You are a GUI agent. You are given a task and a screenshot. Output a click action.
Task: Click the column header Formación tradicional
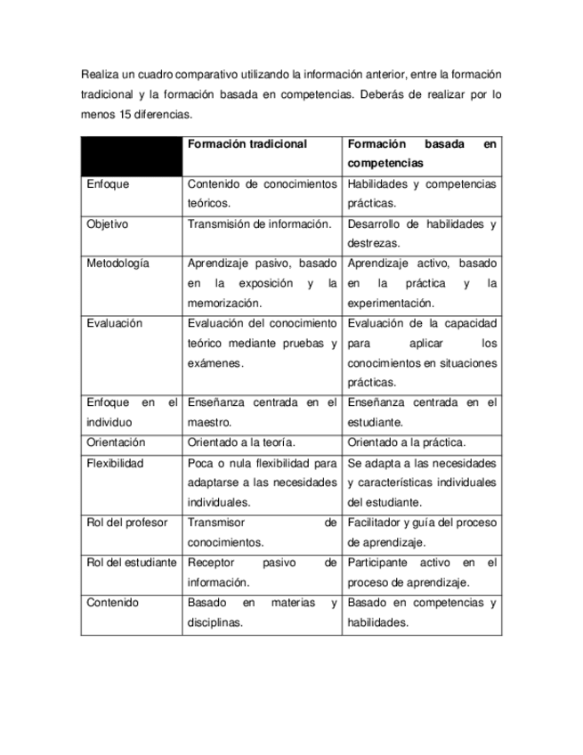247,144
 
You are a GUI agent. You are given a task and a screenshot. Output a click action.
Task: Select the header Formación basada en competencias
422,154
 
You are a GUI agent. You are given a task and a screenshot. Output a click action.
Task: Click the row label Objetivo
107,224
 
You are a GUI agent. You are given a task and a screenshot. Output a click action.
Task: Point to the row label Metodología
118,264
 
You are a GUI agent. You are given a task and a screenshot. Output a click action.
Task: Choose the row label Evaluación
114,324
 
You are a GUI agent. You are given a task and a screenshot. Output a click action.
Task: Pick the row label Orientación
116,442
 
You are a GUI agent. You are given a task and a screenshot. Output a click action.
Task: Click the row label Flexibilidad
115,464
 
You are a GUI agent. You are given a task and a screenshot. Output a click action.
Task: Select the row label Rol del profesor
127,523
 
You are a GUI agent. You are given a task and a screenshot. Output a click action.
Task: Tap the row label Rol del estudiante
131,563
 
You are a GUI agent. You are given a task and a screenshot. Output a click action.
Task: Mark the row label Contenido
112,603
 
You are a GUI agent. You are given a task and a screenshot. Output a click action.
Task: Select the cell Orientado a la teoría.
241,442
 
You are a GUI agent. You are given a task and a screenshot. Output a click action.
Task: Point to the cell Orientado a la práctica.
407,442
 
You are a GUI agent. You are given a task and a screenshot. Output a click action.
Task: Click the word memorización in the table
224,303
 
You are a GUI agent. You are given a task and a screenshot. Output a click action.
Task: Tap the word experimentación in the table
391,303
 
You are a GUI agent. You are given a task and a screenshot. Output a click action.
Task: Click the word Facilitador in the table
375,523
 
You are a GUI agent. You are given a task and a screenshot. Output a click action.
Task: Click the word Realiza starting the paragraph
99,74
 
